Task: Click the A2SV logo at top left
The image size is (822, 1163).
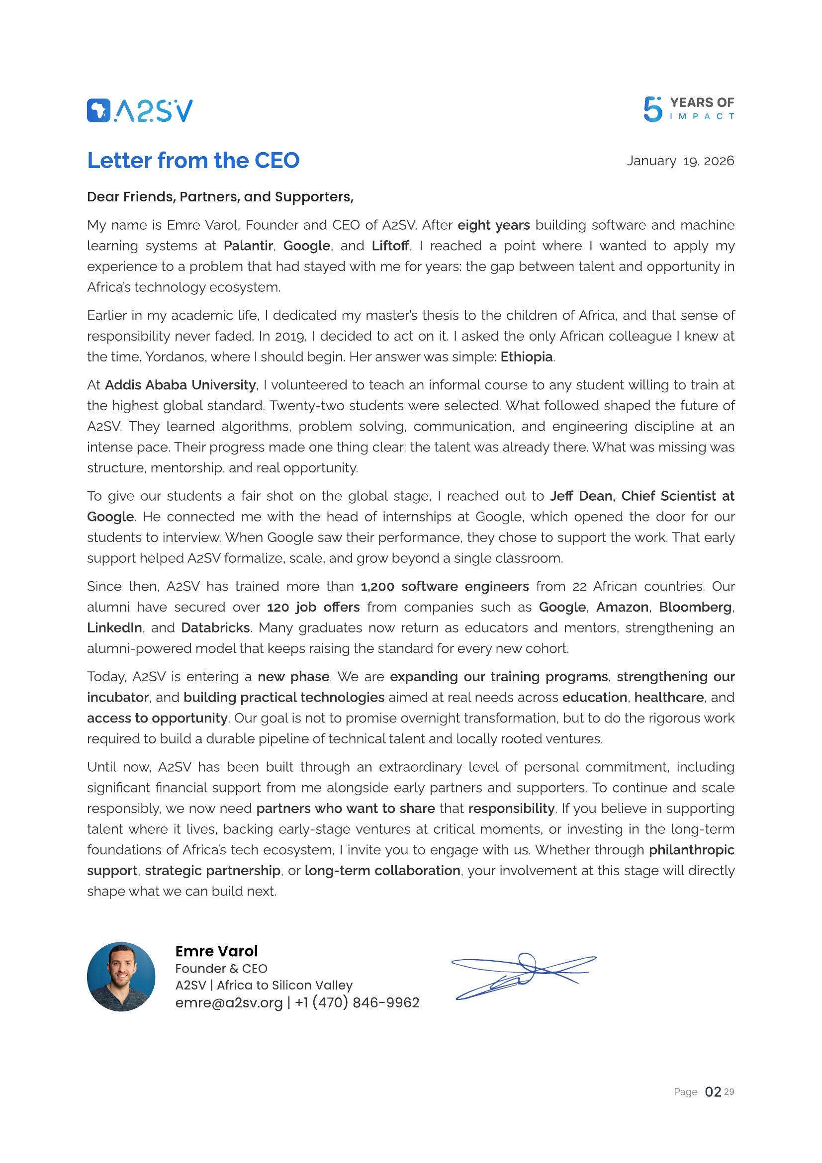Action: (x=140, y=110)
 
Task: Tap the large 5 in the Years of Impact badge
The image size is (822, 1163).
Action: (x=652, y=110)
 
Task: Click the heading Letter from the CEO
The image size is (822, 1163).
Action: (x=193, y=161)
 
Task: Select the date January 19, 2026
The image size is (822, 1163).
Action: (x=680, y=161)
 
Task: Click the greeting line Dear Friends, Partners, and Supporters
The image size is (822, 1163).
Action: (x=220, y=196)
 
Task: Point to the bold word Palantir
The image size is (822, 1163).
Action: (x=248, y=246)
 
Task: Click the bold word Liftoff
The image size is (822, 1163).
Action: (x=390, y=246)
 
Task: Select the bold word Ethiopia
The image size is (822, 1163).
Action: (x=526, y=357)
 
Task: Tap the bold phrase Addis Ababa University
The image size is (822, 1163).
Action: (x=181, y=385)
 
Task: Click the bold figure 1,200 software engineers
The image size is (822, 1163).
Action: (x=444, y=586)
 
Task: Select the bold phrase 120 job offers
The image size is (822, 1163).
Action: (x=313, y=607)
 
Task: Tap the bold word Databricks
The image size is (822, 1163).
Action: (x=215, y=627)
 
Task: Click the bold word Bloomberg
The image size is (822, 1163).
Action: (x=695, y=607)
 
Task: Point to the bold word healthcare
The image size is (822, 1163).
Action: (x=668, y=697)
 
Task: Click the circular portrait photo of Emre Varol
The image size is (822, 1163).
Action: (x=121, y=977)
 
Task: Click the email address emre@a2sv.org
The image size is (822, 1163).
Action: (x=229, y=1002)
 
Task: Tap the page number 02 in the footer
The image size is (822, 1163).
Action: (x=713, y=1092)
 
